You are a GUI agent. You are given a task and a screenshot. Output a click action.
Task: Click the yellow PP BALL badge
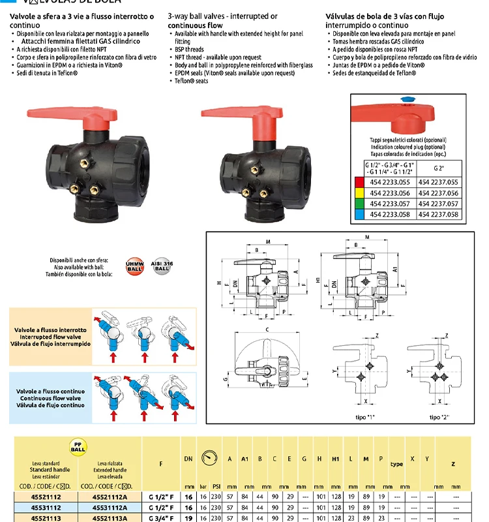79,449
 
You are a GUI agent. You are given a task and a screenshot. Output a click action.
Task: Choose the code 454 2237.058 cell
440,215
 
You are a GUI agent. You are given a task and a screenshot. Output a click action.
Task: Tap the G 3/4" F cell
160,517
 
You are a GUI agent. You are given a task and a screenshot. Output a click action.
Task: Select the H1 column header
335,459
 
